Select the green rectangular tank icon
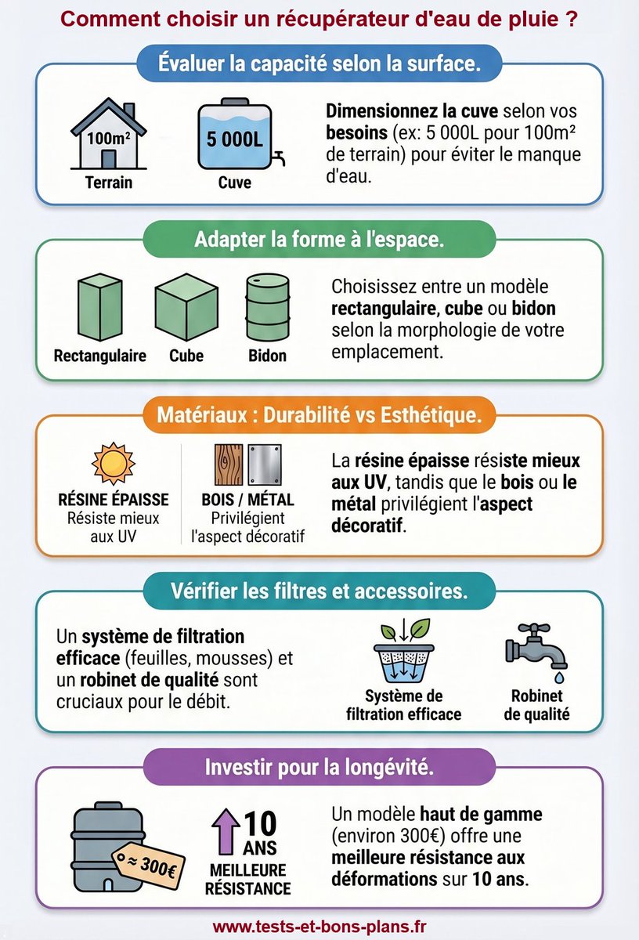pyautogui.click(x=99, y=309)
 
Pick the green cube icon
pyautogui.click(x=185, y=309)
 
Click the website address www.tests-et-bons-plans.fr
pyautogui.click(x=319, y=927)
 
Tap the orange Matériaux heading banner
pyautogui.click(x=319, y=414)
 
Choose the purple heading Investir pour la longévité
pyautogui.click(x=319, y=767)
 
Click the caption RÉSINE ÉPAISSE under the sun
pyautogui.click(x=113, y=500)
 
